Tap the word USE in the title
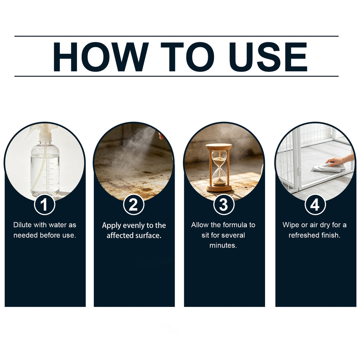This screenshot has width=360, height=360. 268,57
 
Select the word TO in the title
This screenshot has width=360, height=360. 187,57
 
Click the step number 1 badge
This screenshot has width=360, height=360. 45,204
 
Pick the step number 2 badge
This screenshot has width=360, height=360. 134,204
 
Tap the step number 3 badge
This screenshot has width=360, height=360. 224,204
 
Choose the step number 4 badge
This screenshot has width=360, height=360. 315,204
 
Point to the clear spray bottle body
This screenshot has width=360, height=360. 45,169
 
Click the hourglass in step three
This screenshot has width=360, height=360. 219,168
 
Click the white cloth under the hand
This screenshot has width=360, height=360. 329,168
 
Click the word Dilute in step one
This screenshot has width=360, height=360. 22,225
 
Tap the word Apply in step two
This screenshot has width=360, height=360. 111,226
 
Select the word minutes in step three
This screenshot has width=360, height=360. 223,245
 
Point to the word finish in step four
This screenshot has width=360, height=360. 329,235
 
